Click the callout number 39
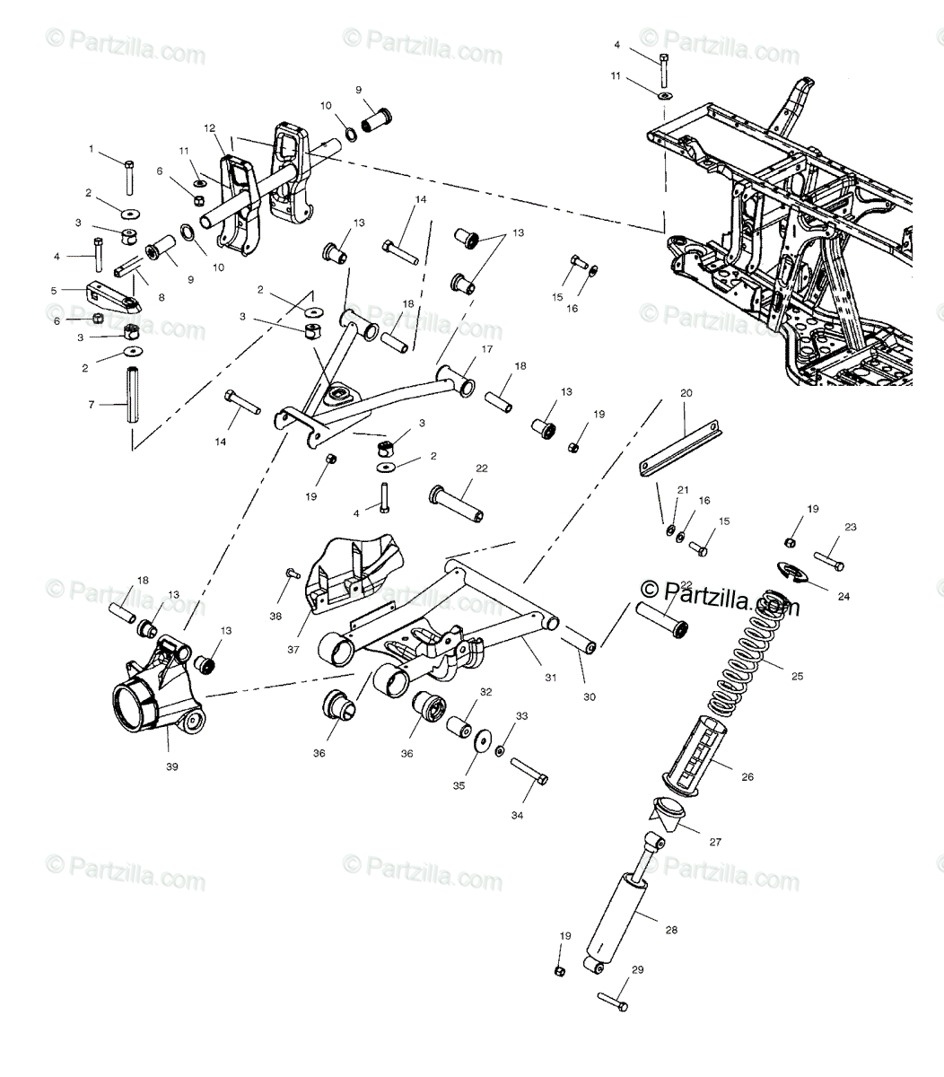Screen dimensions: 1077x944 click(171, 766)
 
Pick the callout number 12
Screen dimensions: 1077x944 click(209, 127)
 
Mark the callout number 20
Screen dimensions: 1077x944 click(686, 393)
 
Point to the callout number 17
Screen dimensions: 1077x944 click(487, 350)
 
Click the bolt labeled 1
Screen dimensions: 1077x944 click(129, 177)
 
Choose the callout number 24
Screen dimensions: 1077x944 click(844, 596)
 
